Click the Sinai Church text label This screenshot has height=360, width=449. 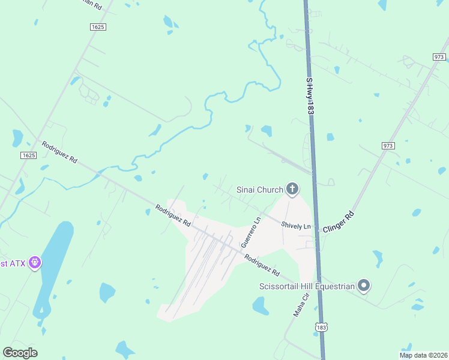[259, 190]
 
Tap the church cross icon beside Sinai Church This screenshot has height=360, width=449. [292, 190]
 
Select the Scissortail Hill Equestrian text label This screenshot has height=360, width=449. [307, 286]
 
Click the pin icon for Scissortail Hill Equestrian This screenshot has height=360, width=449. [363, 286]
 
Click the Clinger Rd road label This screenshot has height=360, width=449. [339, 221]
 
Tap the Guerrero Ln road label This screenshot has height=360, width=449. [251, 233]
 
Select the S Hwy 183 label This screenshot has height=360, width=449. [310, 96]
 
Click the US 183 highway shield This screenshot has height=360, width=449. [321, 327]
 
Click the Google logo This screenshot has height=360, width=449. [20, 352]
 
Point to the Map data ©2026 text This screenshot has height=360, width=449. [423, 355]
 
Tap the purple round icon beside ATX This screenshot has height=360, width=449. [35, 263]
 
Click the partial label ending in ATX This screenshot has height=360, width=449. [12, 263]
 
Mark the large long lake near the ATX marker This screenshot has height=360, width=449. [55, 258]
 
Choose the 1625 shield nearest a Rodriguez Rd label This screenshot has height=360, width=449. [28, 155]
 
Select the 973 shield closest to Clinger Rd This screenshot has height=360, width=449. [388, 146]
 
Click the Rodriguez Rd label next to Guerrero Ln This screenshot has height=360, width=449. [262, 263]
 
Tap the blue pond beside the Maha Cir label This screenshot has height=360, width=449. [261, 306]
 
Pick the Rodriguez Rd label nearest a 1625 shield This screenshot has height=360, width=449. [59, 152]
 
